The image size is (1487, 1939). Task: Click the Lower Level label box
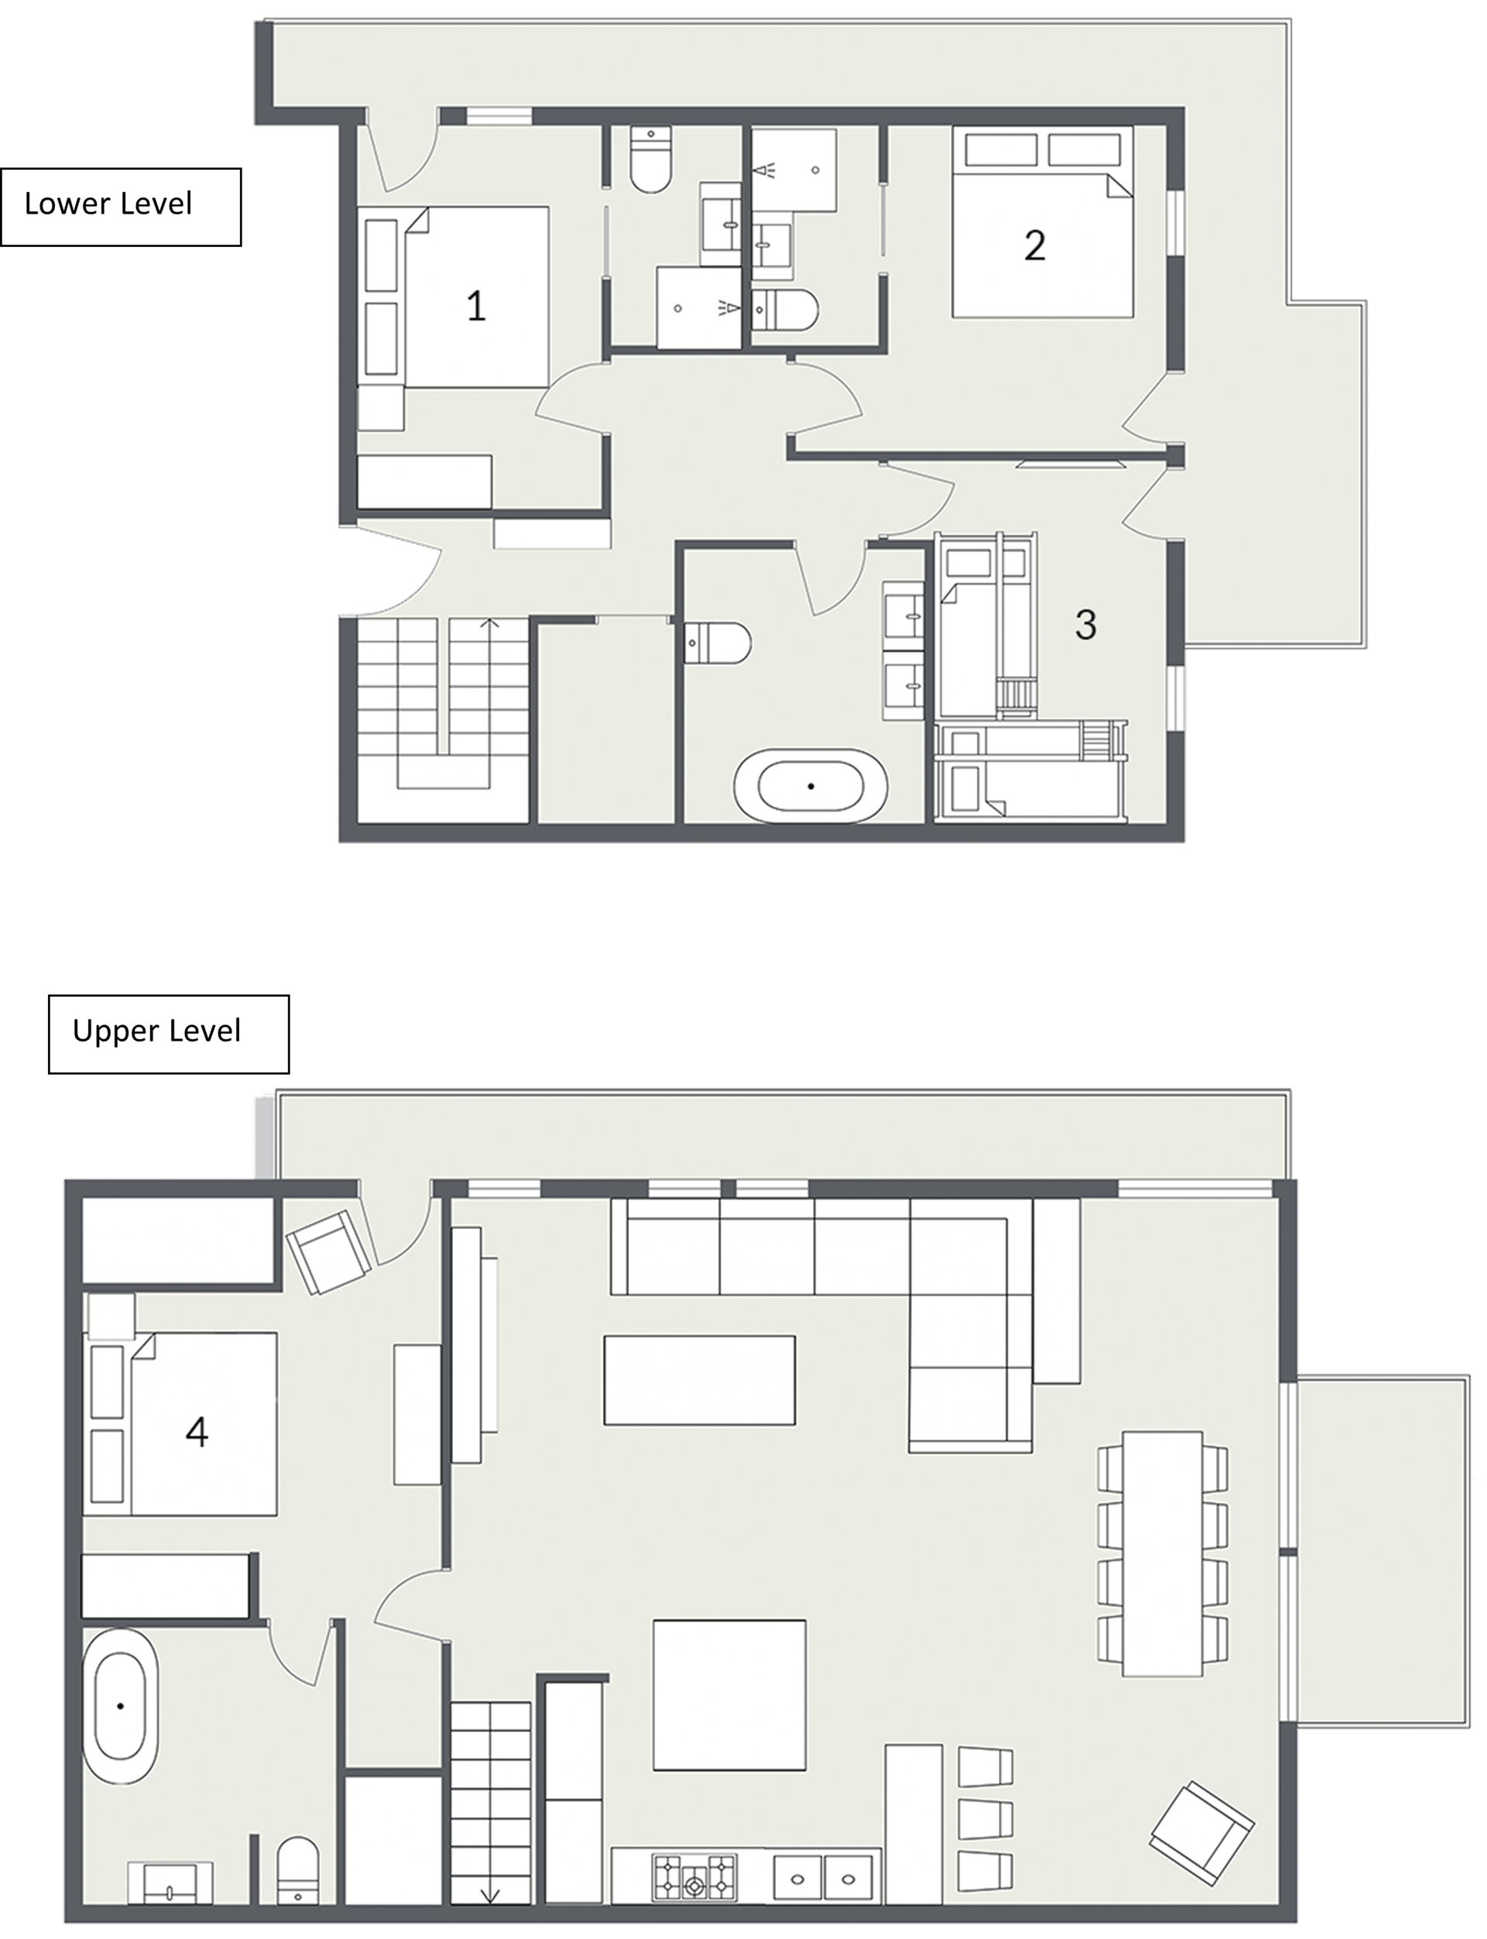click(x=120, y=206)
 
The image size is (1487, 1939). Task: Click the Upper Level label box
click(x=168, y=1034)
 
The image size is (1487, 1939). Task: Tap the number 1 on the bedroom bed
click(x=476, y=306)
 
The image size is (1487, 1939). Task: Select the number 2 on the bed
click(x=1035, y=245)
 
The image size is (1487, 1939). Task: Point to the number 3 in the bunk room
click(x=1086, y=625)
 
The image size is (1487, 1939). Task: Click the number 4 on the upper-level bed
click(x=197, y=1431)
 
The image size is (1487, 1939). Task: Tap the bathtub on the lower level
click(x=811, y=786)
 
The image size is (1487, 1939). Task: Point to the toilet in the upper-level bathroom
click(x=297, y=1869)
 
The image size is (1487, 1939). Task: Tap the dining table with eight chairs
click(x=1162, y=1553)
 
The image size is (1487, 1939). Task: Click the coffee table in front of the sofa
click(x=699, y=1380)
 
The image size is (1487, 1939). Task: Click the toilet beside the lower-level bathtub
click(x=718, y=643)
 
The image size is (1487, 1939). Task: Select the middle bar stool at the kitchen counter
click(x=985, y=1819)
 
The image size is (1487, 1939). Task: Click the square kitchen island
click(x=730, y=1695)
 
